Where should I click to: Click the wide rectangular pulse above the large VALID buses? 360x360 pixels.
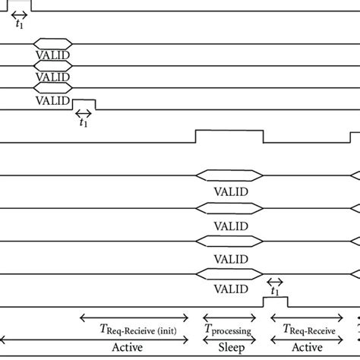(229, 136)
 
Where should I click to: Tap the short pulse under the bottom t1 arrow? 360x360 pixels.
(275, 302)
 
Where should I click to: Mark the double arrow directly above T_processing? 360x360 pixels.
(230, 318)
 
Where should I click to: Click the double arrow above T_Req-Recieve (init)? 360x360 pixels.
(134, 318)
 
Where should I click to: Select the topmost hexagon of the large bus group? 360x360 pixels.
(229, 175)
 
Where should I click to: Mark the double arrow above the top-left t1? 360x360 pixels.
(19, 14)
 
